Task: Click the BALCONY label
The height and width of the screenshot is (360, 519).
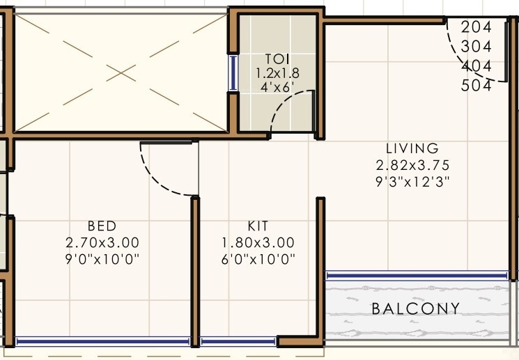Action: pyautogui.click(x=415, y=308)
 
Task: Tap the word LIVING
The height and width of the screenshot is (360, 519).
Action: pyautogui.click(x=412, y=148)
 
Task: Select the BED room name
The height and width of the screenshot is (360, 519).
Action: pyautogui.click(x=102, y=226)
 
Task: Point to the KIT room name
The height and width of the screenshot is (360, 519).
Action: pyautogui.click(x=258, y=226)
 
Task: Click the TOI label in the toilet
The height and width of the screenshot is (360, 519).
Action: pyautogui.click(x=277, y=58)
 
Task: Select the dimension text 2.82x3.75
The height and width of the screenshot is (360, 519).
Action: pyautogui.click(x=412, y=166)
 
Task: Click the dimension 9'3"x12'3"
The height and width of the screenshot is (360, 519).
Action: pyautogui.click(x=412, y=182)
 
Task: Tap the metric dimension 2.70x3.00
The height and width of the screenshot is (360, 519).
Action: pyautogui.click(x=102, y=243)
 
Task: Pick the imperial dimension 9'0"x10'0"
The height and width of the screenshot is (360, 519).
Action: pyautogui.click(x=102, y=260)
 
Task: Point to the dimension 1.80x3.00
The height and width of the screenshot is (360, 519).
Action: pyautogui.click(x=258, y=243)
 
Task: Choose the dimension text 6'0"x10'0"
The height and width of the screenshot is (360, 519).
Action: pyautogui.click(x=258, y=260)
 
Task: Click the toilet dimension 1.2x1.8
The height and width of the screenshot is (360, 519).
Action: pyautogui.click(x=277, y=72)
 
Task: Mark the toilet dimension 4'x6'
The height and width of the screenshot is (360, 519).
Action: pyautogui.click(x=277, y=87)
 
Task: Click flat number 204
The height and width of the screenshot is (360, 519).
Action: pyautogui.click(x=477, y=27)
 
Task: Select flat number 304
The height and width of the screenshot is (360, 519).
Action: pyautogui.click(x=477, y=47)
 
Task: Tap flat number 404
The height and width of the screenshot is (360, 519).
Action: pyautogui.click(x=477, y=66)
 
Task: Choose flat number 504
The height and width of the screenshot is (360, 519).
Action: pyautogui.click(x=477, y=86)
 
